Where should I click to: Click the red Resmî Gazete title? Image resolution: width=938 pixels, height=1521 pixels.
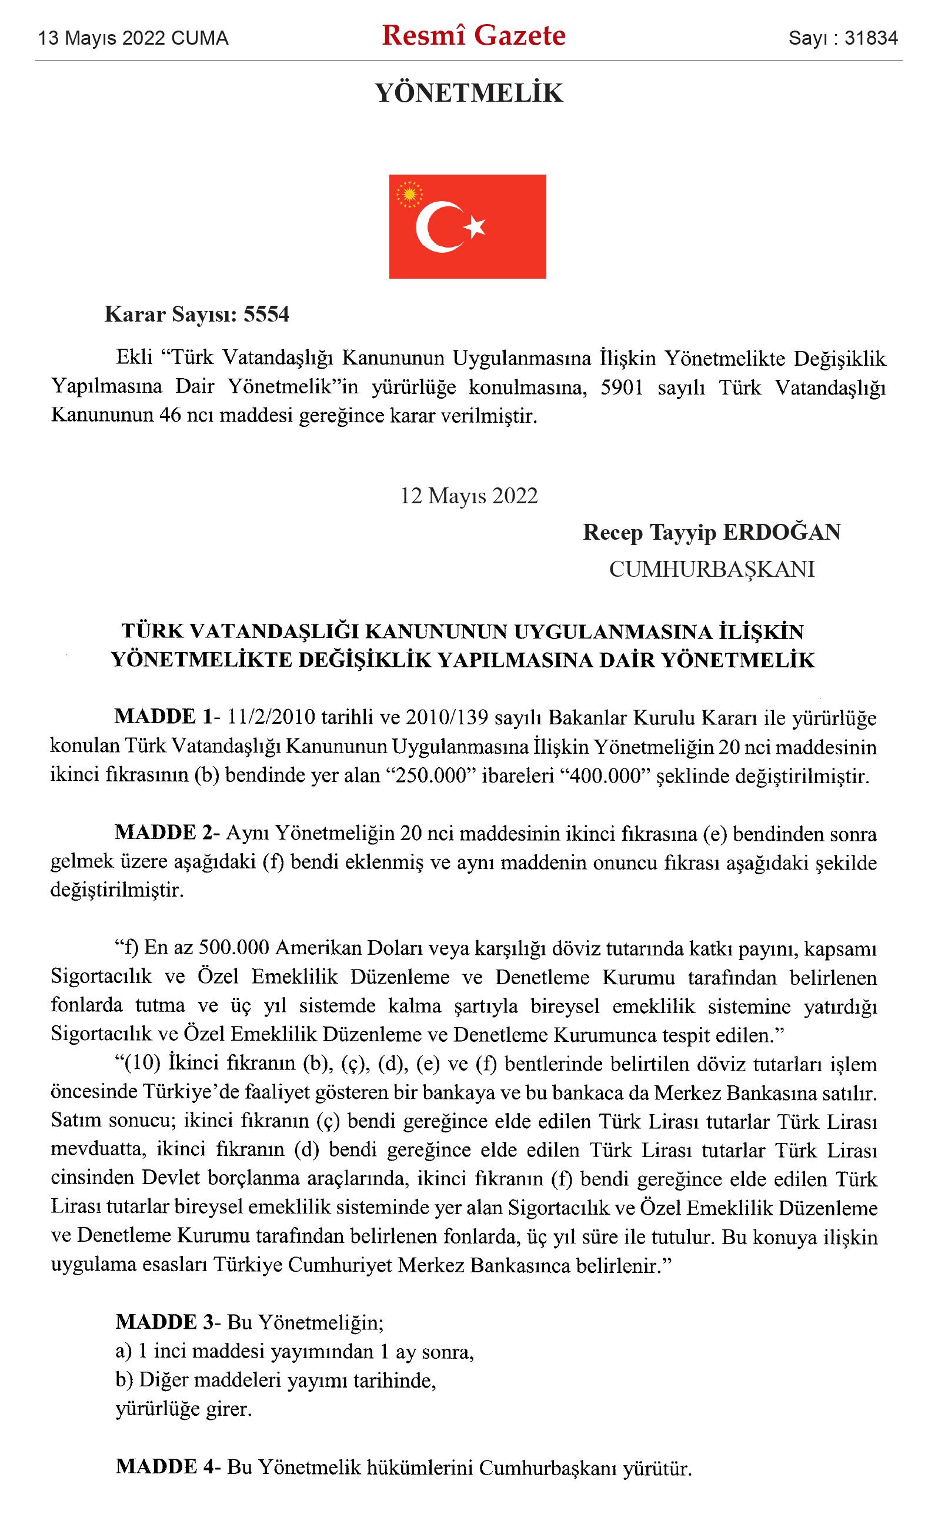coord(473,36)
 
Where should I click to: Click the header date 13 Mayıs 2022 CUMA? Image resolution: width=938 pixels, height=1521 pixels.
coord(133,38)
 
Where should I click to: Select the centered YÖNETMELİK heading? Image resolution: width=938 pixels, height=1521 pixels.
coord(469,93)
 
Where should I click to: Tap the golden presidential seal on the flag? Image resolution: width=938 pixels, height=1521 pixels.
coord(409,195)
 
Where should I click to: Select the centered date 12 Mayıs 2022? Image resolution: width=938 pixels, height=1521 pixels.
coord(469,496)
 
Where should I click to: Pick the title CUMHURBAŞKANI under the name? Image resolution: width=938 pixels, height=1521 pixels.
coord(712,569)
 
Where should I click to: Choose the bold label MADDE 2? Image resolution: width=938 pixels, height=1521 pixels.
coord(163,832)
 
